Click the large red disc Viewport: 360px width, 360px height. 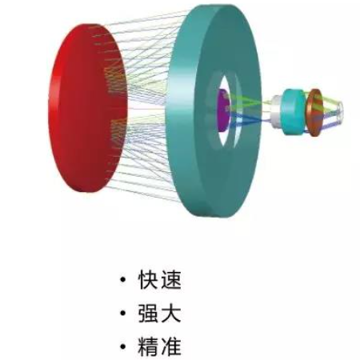86,108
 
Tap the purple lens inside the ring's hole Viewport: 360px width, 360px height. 223,110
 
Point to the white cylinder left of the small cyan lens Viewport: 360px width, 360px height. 276,111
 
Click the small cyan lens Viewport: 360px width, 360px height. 294,112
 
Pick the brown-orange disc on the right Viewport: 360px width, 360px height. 314,113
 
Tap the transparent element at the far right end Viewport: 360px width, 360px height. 338,110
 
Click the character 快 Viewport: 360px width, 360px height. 148,280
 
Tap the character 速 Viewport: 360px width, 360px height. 170,280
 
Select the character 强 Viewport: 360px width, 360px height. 148,313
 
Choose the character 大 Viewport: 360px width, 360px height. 170,313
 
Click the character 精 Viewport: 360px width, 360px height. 148,346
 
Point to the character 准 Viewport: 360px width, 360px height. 170,346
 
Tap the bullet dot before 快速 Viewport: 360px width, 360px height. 122,280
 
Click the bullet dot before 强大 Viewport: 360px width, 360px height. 122,313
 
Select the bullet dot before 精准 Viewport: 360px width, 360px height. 122,346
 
